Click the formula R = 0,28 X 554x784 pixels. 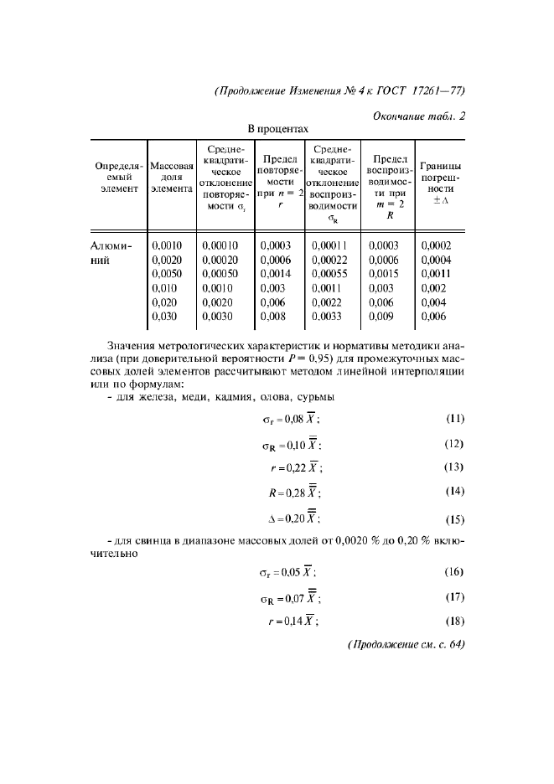click(x=293, y=493)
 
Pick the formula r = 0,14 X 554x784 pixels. click(x=293, y=622)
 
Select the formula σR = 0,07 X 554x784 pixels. click(x=289, y=598)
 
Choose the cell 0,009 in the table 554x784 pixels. click(x=382, y=317)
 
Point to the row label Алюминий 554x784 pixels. click(x=111, y=252)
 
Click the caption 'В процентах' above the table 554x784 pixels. click(x=277, y=129)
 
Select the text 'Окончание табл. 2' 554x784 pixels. click(x=419, y=116)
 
